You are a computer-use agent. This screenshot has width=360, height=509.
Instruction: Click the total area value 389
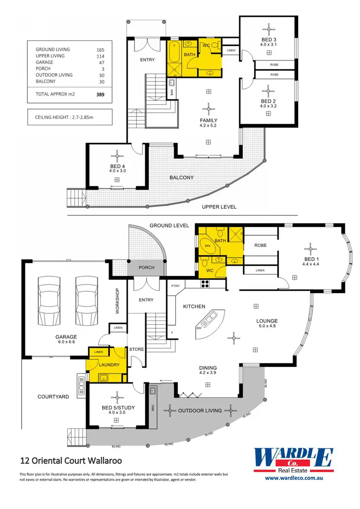(100, 95)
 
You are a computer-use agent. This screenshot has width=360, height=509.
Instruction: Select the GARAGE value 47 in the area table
(100, 62)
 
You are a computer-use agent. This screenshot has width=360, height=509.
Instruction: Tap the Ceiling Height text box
(70, 117)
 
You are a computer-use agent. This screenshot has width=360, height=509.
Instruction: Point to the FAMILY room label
(208, 120)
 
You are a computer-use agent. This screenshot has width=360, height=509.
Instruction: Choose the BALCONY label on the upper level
(181, 178)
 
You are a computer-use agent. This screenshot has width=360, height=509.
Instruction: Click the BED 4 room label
(117, 166)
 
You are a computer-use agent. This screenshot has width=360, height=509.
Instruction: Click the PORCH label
(146, 268)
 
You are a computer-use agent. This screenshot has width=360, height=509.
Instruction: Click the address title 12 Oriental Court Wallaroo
(71, 461)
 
